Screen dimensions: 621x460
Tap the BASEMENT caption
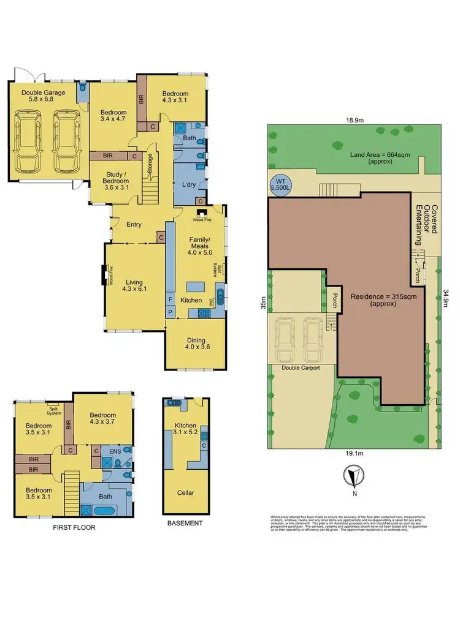pos(185,523)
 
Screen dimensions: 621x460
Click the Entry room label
pos(134,225)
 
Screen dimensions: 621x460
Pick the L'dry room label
pos(188,184)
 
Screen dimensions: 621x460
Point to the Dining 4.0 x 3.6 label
pos(196,345)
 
